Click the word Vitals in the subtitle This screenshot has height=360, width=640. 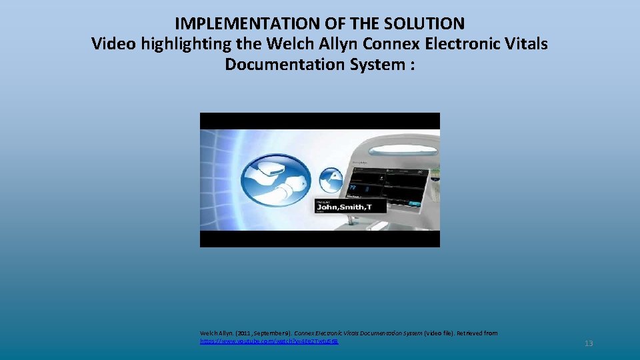pyautogui.click(x=524, y=44)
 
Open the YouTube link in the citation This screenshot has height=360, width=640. pyautogui.click(x=269, y=341)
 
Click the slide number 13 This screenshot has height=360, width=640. pyautogui.click(x=588, y=343)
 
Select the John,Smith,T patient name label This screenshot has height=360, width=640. pyautogui.click(x=351, y=207)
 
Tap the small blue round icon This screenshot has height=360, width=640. pyautogui.click(x=331, y=179)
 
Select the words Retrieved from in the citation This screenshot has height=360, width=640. pyautogui.click(x=474, y=333)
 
